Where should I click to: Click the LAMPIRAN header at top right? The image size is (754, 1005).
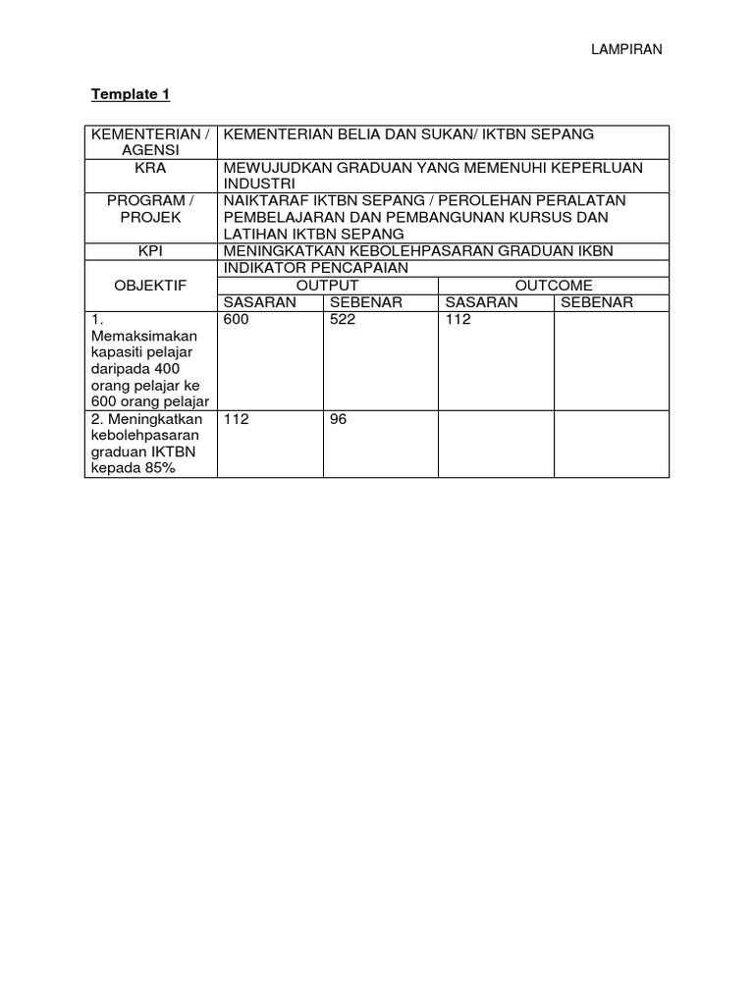[x=626, y=50]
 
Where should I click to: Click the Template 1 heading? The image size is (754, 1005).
[x=131, y=94]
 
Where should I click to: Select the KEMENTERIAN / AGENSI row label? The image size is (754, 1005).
[x=150, y=141]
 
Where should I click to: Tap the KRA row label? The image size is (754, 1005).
[x=150, y=168]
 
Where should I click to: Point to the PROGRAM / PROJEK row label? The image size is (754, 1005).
[x=150, y=209]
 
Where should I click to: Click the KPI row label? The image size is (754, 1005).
[x=150, y=251]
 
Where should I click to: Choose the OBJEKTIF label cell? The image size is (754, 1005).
[x=150, y=285]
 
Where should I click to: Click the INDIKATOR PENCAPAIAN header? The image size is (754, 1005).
[x=301, y=268]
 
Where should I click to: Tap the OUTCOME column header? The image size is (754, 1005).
[x=554, y=285]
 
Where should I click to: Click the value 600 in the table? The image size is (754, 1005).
[x=237, y=320]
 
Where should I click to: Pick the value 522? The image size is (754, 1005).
[x=343, y=320]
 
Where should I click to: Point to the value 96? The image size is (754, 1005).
[x=339, y=419]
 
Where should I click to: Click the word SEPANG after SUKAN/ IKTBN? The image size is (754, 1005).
[x=558, y=133]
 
